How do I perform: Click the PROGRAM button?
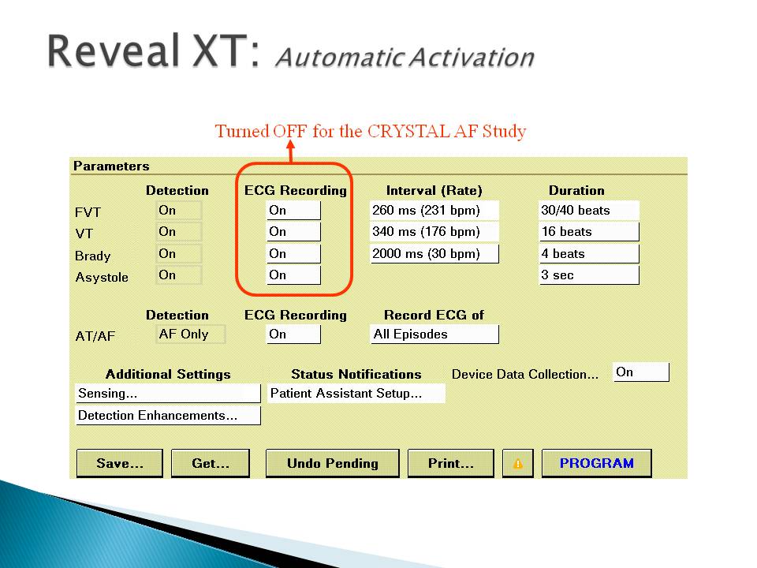pyautogui.click(x=597, y=463)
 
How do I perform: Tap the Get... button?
pyautogui.click(x=211, y=463)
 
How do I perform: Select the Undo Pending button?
pyautogui.click(x=333, y=463)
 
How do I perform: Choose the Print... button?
pyautogui.click(x=451, y=463)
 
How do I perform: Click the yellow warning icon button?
pyautogui.click(x=518, y=463)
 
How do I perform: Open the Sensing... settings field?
pyautogui.click(x=168, y=394)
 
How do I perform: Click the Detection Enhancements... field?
pyautogui.click(x=168, y=416)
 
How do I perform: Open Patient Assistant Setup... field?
pyautogui.click(x=356, y=393)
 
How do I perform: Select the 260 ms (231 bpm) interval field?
pyautogui.click(x=434, y=210)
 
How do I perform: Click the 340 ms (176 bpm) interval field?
pyautogui.click(x=434, y=232)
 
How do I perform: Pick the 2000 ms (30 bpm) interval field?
pyautogui.click(x=434, y=253)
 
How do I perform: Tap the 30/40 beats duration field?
pyautogui.click(x=589, y=210)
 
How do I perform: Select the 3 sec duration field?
pyautogui.click(x=589, y=275)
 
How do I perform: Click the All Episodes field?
pyautogui.click(x=434, y=334)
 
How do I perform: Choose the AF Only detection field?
pyautogui.click(x=191, y=334)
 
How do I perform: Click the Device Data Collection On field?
pyautogui.click(x=641, y=372)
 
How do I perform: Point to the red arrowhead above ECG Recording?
pyautogui.click(x=290, y=144)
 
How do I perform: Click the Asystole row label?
pyautogui.click(x=102, y=277)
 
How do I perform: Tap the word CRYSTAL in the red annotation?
pyautogui.click(x=408, y=132)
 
